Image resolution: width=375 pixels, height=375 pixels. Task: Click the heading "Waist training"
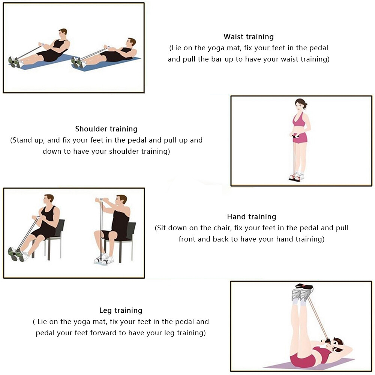point(249,37)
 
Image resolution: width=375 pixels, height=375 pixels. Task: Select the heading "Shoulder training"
point(106,129)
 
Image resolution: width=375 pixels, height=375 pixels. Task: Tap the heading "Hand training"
point(252,217)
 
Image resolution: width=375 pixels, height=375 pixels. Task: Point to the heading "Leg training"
point(121,310)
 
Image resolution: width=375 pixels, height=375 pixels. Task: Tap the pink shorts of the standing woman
point(299,138)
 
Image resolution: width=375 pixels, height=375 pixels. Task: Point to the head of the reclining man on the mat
point(131,43)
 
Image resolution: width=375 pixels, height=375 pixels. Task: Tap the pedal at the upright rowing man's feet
point(13,62)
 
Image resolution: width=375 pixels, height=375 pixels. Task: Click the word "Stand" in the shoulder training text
point(23,140)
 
